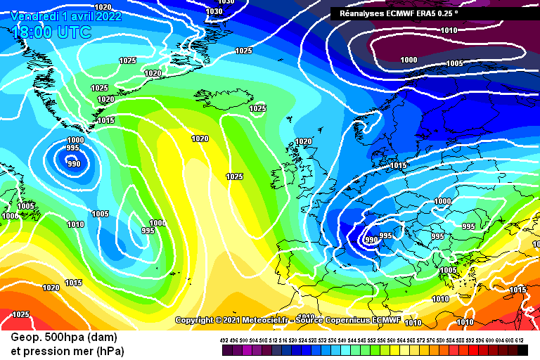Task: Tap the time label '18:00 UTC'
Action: (x=51, y=32)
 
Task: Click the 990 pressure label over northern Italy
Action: (x=371, y=240)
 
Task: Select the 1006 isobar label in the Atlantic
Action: (x=157, y=223)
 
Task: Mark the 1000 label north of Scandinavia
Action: (x=409, y=60)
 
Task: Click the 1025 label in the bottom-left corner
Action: (x=21, y=314)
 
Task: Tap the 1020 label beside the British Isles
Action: (x=303, y=141)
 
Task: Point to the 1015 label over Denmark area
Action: (x=399, y=165)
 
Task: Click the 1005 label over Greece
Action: (x=448, y=270)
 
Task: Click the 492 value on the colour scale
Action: (x=224, y=340)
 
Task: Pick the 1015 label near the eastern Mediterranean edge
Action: (x=517, y=290)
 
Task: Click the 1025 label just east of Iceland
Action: (x=257, y=108)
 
